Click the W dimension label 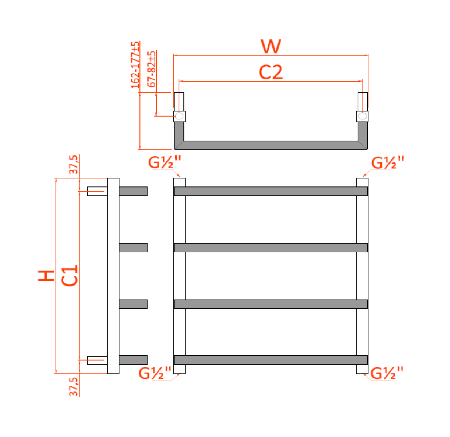point(271,46)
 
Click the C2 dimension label point(271,72)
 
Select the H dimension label point(47,275)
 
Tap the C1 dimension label point(70,275)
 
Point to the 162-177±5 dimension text point(135,64)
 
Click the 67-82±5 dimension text point(151,69)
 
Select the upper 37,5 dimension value point(74,165)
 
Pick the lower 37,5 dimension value point(74,386)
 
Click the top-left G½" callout point(165,162)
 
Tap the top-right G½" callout point(388,162)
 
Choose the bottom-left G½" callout point(155,373)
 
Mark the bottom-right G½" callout point(387,373)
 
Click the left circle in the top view point(179,116)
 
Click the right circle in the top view point(362,116)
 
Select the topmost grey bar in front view point(271,191)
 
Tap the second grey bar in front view point(271,248)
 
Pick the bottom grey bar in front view point(271,360)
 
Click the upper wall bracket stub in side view point(97,191)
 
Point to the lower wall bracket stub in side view point(97,360)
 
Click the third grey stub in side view point(133,304)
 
